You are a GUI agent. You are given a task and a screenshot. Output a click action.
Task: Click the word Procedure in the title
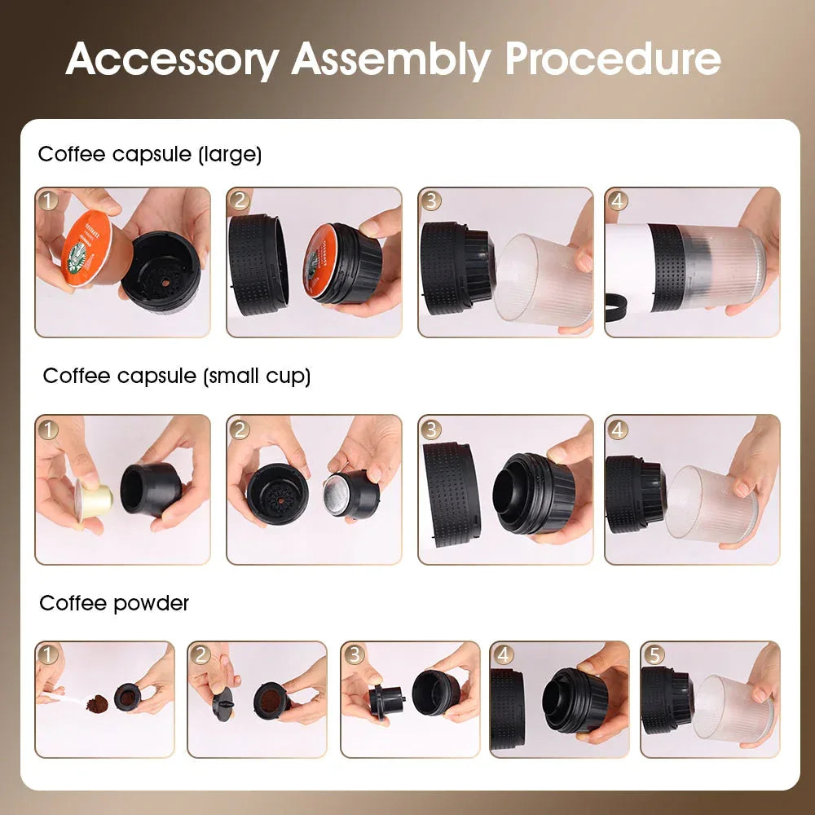point(613,59)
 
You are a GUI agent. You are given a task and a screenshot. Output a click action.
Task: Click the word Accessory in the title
point(171,59)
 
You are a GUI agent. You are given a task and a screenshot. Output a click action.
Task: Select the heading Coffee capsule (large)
point(150,154)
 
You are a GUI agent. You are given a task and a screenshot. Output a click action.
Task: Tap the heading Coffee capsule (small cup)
point(177,376)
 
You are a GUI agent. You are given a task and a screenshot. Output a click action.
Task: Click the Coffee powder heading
point(114,603)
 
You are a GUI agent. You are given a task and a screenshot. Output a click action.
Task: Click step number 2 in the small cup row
point(240,429)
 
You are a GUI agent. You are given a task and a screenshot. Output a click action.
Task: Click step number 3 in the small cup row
point(431,429)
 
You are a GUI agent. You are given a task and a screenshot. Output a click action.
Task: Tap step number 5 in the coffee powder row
point(654,654)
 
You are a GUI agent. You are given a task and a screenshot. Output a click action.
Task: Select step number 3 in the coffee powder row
point(354,654)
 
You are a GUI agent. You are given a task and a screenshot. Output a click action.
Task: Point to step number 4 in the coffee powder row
point(504,654)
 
